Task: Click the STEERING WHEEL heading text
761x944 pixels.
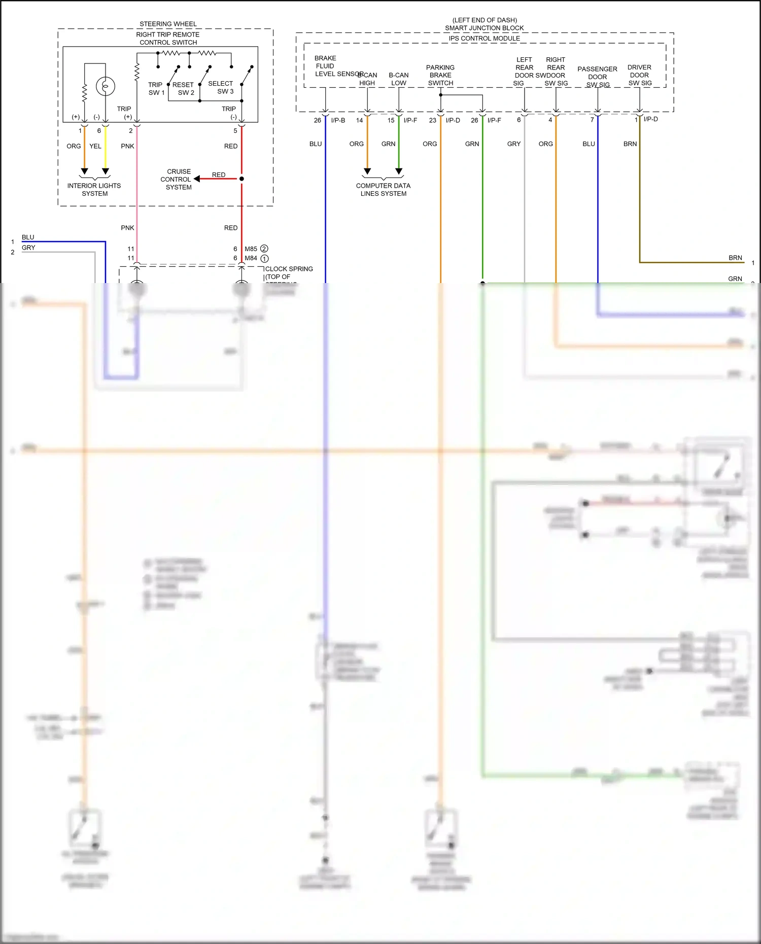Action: coord(168,24)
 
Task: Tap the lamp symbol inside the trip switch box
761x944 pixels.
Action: coord(105,86)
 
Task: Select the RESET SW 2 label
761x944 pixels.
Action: coord(184,89)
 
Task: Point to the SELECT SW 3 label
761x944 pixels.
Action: coord(221,87)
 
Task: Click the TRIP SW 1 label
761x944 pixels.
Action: coord(156,89)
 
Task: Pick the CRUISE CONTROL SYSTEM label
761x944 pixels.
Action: coord(177,179)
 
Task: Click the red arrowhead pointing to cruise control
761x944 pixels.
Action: coord(197,179)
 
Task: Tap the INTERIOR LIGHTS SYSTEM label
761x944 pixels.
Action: coord(94,189)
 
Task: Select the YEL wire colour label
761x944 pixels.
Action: coord(95,146)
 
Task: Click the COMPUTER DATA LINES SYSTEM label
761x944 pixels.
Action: coord(383,189)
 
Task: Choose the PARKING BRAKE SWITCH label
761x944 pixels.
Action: coord(440,75)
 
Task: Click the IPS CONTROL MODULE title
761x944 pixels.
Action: coord(484,38)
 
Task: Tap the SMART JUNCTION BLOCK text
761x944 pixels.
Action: coord(484,28)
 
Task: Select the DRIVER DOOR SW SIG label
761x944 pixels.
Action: coord(639,75)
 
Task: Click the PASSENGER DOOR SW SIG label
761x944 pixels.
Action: coord(597,77)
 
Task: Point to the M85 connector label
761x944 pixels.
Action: coord(251,249)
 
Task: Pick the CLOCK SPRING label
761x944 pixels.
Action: coord(289,269)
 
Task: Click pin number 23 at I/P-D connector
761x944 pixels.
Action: coord(432,120)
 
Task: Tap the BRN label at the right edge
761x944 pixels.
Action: coord(735,258)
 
